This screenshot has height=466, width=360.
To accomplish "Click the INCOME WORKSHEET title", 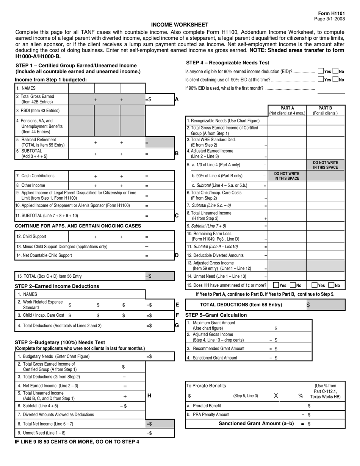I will tap(180, 25).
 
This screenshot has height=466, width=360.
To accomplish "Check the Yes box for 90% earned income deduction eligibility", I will tap(321, 71).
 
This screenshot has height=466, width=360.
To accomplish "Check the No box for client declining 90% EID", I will tap(335, 80).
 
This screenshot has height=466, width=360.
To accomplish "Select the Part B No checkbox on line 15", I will tap(331, 285).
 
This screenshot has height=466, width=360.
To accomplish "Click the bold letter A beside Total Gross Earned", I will tap(177, 100).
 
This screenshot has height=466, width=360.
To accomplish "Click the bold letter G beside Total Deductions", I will tap(177, 325).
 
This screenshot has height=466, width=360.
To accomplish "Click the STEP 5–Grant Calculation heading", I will tap(216, 315).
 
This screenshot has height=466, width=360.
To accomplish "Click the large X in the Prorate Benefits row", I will tap(276, 396).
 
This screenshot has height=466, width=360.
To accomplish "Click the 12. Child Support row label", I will tap(31, 236).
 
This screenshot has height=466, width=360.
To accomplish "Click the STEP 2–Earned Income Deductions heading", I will tap(57, 286).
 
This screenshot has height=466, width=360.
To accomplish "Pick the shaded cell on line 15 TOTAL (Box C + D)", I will tap(159, 276).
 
